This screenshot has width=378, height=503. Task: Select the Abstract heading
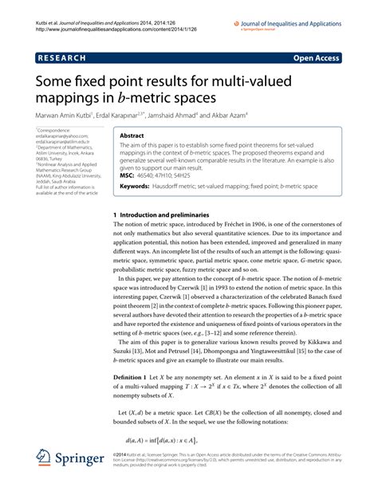click(x=132, y=136)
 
